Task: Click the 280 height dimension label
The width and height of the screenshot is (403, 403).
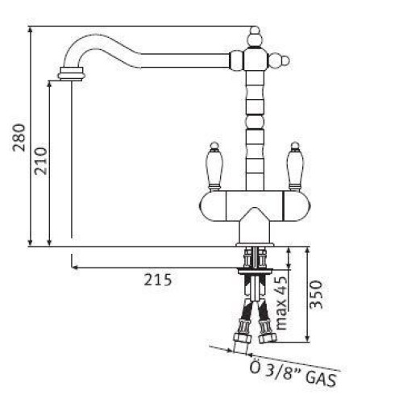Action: click(x=19, y=138)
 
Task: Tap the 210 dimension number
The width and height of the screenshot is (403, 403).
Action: click(x=41, y=161)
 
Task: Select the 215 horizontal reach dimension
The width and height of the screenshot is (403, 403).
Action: click(x=158, y=280)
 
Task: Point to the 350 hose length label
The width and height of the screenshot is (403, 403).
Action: click(x=316, y=295)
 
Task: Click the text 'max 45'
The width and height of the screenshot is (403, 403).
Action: click(x=281, y=303)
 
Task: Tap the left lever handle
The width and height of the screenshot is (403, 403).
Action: click(x=214, y=167)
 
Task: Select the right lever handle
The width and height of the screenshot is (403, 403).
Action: click(x=295, y=167)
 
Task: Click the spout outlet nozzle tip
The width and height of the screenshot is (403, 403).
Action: click(x=72, y=73)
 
